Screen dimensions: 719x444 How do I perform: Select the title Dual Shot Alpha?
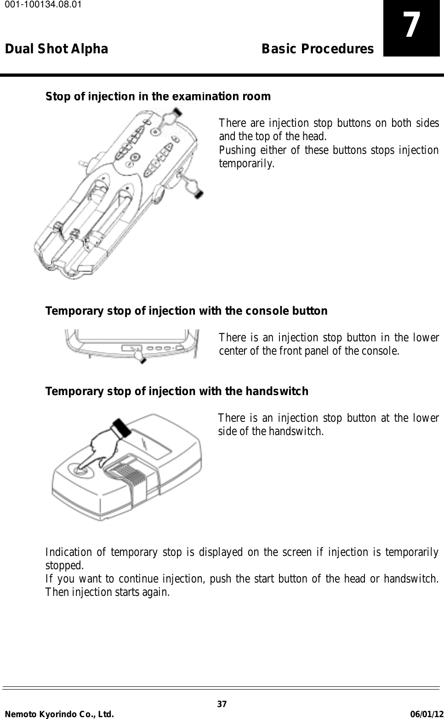point(57,49)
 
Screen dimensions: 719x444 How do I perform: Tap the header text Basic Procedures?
point(317,49)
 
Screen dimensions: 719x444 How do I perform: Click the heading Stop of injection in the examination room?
point(158,96)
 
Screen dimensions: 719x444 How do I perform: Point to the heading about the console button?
point(186,311)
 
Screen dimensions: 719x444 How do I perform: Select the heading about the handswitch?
point(176,391)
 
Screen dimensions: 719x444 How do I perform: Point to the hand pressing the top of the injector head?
point(169,118)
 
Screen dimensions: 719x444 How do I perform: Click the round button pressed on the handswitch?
point(78,469)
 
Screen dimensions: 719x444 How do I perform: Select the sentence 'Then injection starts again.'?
point(107,592)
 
